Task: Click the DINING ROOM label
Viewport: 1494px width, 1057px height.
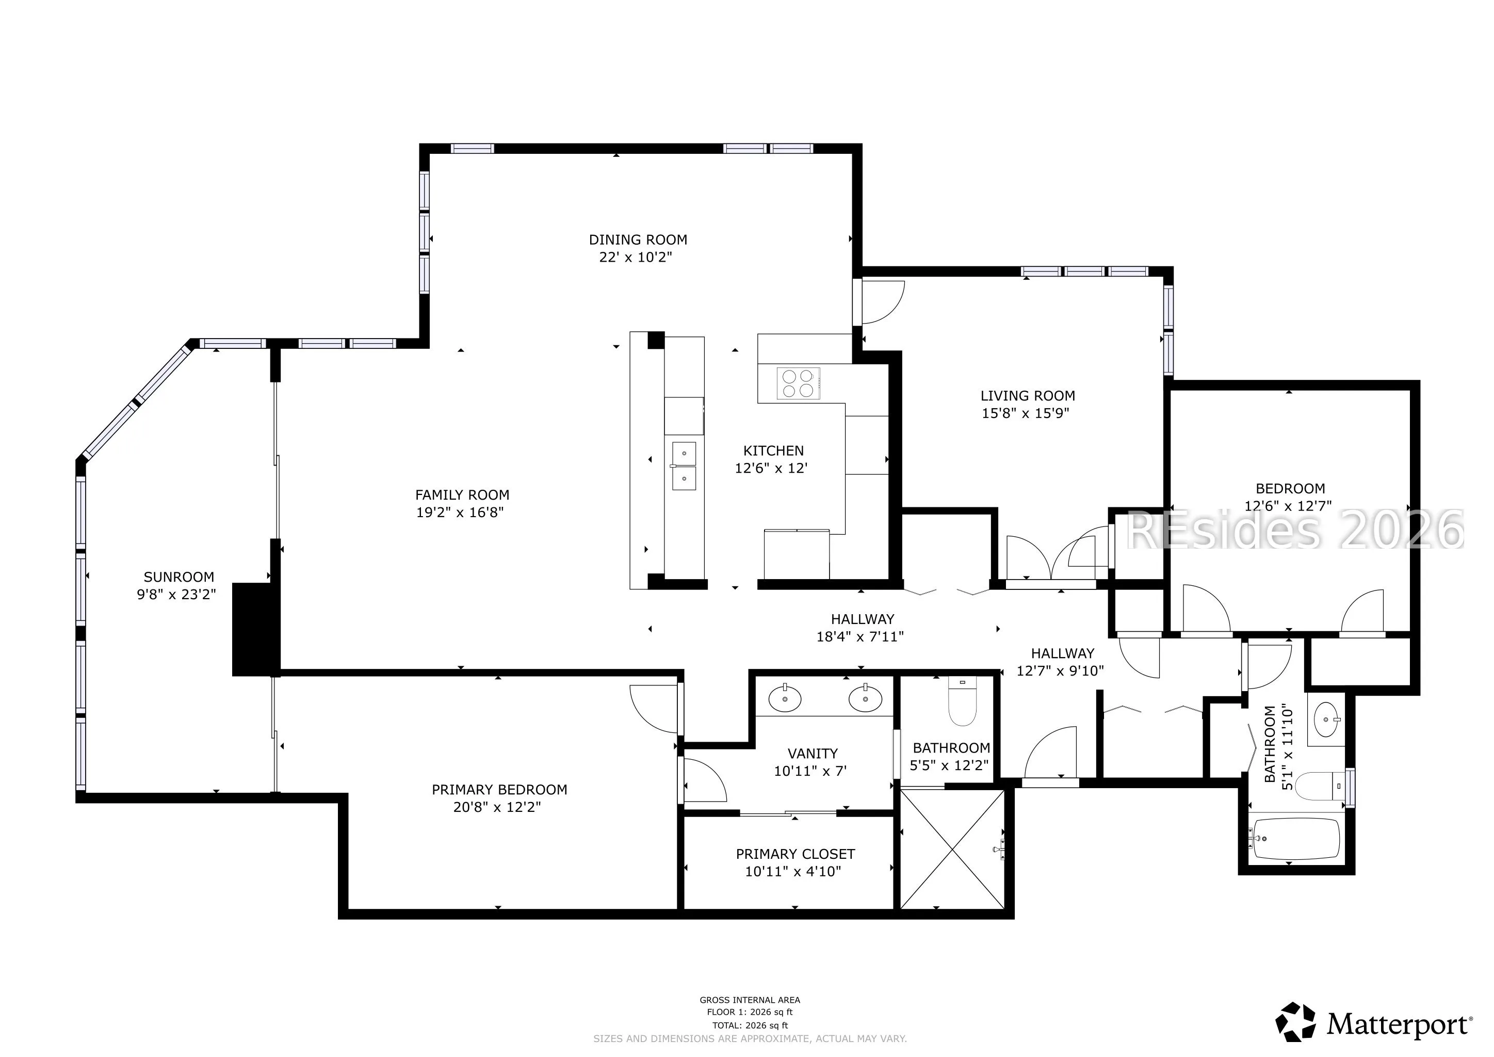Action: [x=638, y=239]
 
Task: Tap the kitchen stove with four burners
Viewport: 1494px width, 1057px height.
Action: [x=799, y=383]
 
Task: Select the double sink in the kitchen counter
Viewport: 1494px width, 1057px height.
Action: [x=683, y=466]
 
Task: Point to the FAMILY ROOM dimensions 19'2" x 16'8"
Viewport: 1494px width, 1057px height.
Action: [x=460, y=512]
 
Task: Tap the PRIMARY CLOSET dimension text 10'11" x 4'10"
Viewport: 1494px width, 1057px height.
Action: [x=793, y=872]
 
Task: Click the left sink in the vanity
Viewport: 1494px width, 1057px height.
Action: [x=785, y=699]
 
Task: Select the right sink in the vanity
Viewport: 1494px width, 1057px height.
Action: [x=866, y=699]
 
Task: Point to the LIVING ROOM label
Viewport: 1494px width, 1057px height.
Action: [x=1028, y=396]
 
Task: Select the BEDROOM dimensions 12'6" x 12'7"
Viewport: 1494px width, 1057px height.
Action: [x=1288, y=506]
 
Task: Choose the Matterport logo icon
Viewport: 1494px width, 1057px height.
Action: [x=1294, y=1022]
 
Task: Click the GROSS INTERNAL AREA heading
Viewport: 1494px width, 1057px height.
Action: [x=750, y=1000]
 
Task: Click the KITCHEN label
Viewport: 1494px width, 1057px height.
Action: [x=774, y=451]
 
